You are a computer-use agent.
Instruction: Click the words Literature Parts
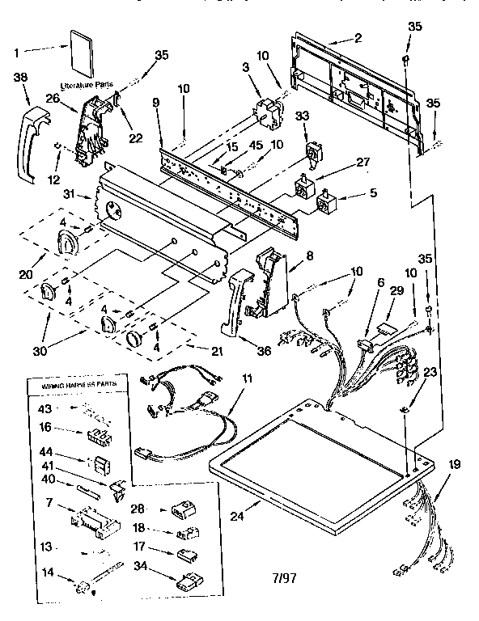tap(87, 84)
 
